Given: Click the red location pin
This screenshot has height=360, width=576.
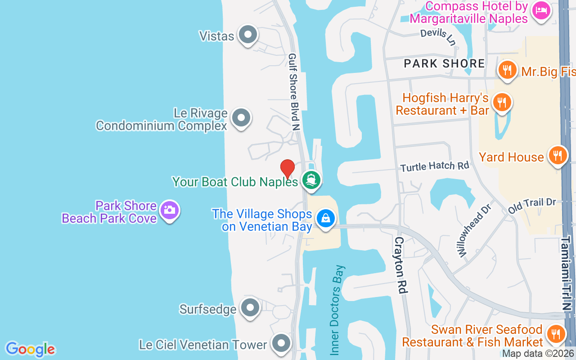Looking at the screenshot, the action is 288,168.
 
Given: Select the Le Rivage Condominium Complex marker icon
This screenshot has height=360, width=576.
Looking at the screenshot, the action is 241,118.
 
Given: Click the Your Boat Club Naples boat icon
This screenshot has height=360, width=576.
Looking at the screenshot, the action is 311,180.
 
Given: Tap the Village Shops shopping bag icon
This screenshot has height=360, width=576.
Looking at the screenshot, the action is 325,218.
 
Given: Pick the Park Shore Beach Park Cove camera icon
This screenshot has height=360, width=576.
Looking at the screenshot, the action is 170,210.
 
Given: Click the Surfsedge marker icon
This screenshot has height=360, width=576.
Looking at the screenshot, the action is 250,308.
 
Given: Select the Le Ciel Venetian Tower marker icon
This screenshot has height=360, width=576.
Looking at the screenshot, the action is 281,343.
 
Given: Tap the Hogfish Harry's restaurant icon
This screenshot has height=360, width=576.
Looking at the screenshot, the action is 502,101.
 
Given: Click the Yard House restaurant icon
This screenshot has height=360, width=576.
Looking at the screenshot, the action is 558,155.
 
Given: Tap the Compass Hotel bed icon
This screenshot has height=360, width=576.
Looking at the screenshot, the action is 540,10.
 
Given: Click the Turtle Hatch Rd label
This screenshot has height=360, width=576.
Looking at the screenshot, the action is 435,166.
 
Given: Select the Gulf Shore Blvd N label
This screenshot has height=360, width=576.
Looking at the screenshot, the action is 294,92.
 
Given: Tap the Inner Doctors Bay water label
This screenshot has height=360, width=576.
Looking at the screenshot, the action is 337,310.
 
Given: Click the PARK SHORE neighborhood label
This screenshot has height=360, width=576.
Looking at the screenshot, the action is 444,63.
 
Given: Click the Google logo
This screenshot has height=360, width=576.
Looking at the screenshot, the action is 30,349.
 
